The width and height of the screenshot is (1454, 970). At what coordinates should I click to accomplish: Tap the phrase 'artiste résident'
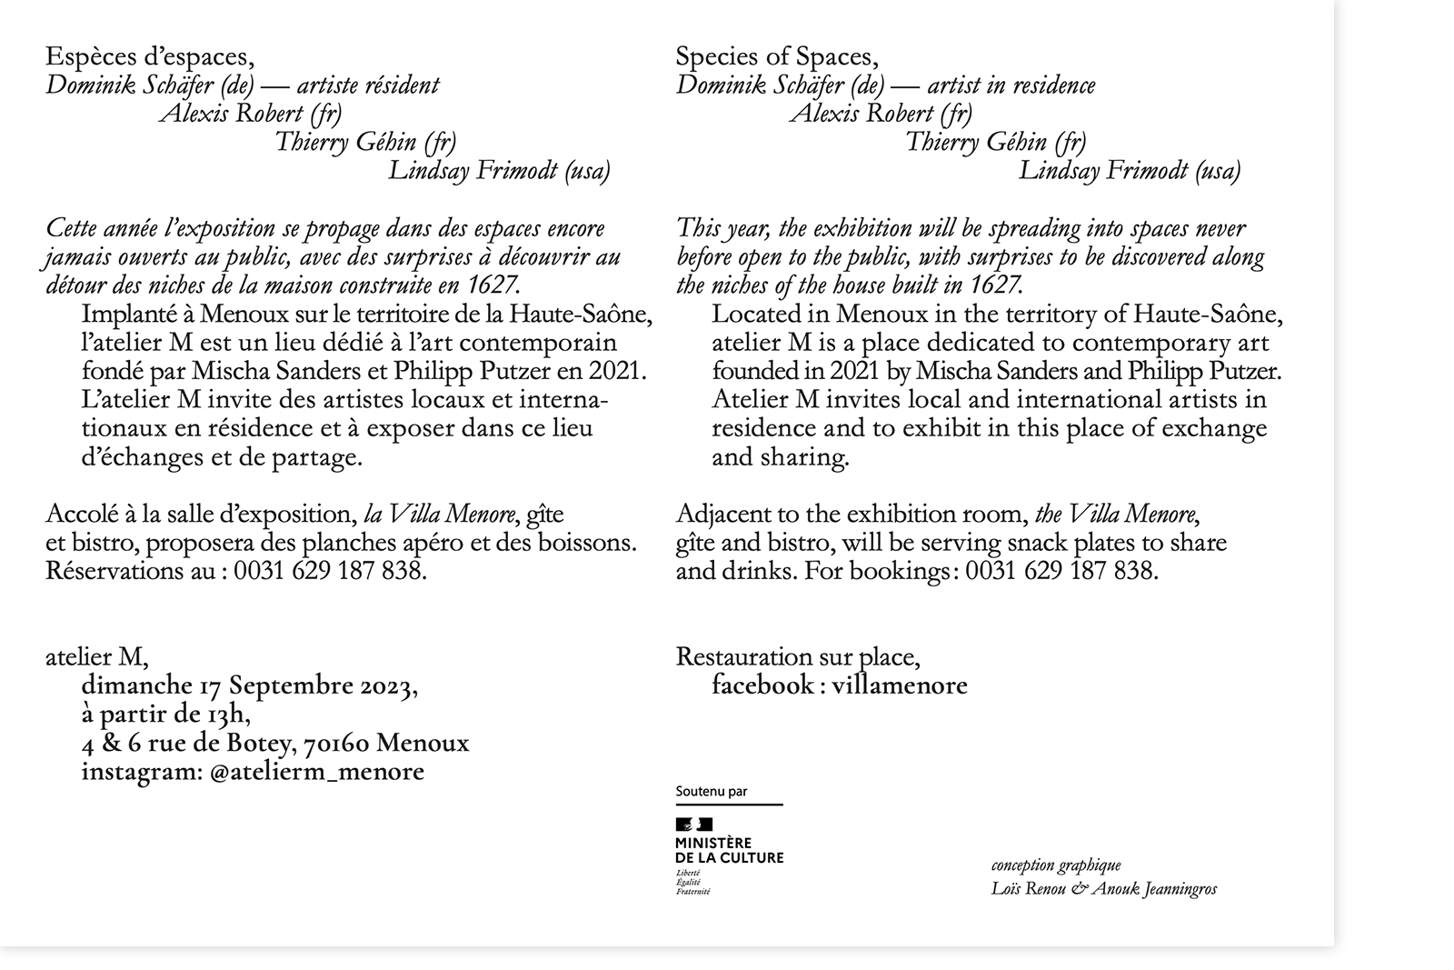point(368,85)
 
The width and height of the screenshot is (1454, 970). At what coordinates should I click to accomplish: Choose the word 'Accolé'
point(78,515)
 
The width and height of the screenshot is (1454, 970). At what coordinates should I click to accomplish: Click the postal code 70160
point(335,744)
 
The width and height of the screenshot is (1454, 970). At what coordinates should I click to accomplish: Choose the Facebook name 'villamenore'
point(899,686)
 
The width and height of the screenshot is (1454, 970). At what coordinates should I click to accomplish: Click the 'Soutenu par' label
point(712,792)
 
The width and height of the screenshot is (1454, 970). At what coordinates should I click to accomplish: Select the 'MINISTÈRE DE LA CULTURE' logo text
point(729,851)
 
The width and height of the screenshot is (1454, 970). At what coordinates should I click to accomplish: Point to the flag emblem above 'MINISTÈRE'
point(694,825)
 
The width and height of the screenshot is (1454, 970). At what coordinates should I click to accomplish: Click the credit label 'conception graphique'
point(1056,865)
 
